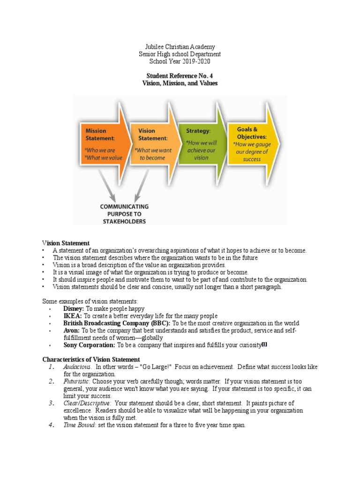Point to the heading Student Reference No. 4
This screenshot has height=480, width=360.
pos(180,75)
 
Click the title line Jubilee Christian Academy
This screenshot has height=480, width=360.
pos(180,47)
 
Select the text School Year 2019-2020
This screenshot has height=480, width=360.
pos(180,61)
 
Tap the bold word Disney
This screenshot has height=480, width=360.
pos(73,309)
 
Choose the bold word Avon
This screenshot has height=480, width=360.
pos(72,330)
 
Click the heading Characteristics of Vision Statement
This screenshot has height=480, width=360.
pos(91,360)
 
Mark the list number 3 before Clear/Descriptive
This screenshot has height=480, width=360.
pos(52,403)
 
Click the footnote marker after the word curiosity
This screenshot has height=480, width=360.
pos(264,345)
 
